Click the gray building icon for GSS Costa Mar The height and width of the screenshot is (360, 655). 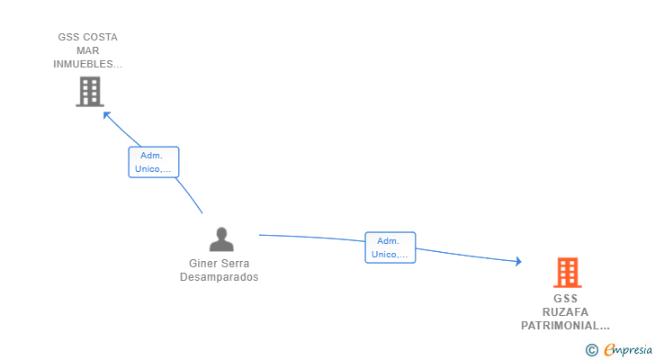click(x=89, y=92)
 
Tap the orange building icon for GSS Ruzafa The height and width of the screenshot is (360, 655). click(x=567, y=272)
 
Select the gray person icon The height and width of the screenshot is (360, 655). click(x=220, y=239)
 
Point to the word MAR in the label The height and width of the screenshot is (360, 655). click(x=88, y=51)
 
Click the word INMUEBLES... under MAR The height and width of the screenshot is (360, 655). click(x=88, y=65)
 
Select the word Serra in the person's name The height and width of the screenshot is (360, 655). click(x=236, y=264)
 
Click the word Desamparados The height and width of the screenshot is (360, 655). click(x=219, y=277)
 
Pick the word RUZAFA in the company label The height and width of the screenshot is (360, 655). click(x=565, y=312)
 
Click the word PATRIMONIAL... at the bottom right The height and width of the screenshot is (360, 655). click(x=565, y=326)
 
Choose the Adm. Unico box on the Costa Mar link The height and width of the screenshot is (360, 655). click(x=154, y=162)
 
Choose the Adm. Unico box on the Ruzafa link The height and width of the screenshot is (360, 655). click(x=390, y=247)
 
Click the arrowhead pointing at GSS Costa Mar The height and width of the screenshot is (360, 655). click(x=106, y=114)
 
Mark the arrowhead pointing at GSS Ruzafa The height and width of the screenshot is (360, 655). click(x=517, y=262)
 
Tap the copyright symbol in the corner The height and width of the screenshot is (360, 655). click(x=591, y=350)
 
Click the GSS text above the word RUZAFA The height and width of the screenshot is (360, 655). click(x=565, y=299)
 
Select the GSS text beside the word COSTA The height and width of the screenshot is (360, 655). click(x=68, y=38)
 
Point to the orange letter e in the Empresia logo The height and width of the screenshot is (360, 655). click(x=609, y=350)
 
